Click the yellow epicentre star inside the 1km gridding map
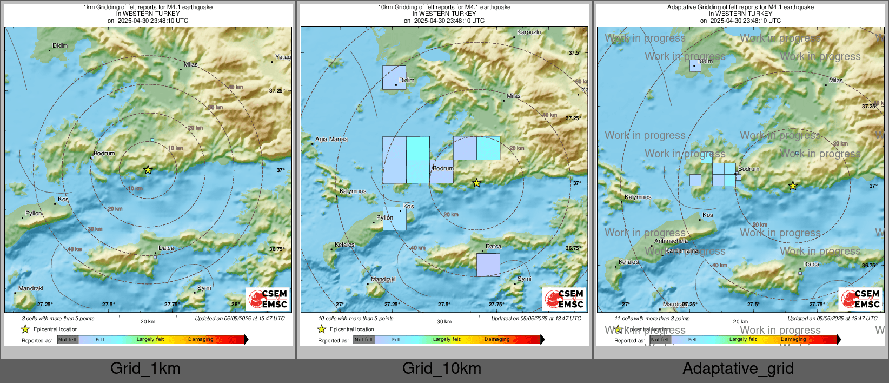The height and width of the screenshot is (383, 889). (x=148, y=170)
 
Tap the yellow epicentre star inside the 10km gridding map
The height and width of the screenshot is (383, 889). (x=476, y=183)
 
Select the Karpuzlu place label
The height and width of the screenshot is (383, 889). (x=528, y=32)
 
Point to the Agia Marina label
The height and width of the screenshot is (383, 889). (x=331, y=140)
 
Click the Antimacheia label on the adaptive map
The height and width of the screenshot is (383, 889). (x=671, y=241)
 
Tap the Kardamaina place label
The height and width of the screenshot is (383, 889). (x=681, y=251)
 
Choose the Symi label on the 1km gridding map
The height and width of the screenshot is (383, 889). (x=204, y=288)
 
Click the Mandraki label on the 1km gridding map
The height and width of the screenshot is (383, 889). (x=30, y=288)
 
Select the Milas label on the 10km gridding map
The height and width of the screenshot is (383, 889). (x=514, y=96)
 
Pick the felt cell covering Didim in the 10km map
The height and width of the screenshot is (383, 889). (x=394, y=77)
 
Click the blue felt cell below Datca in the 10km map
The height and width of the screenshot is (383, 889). (x=488, y=265)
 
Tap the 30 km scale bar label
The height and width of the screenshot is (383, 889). (x=444, y=322)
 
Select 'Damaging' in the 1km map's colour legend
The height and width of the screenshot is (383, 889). (x=201, y=339)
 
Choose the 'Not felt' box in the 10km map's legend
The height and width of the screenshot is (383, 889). (x=364, y=340)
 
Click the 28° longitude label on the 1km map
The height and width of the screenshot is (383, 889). (x=235, y=305)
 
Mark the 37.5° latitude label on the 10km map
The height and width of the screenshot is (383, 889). (x=574, y=53)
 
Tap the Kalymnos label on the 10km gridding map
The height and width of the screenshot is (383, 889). (x=353, y=191)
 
